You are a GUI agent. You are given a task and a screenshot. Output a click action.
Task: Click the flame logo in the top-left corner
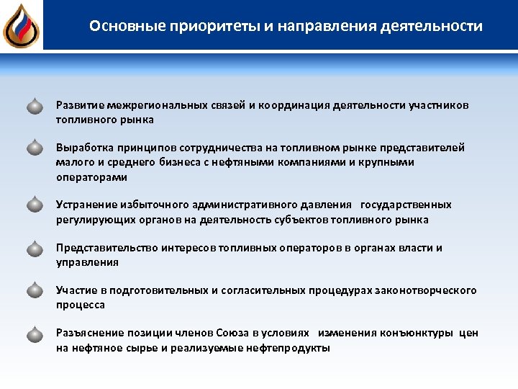21,25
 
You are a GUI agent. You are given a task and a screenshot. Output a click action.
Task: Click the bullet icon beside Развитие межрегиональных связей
35,107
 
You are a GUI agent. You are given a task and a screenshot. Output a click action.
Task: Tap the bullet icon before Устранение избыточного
35,205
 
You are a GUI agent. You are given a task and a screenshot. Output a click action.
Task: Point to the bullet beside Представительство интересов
35,248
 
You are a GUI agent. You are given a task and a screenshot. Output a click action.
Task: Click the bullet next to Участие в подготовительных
35,290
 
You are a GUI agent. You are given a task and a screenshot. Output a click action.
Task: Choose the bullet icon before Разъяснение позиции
35,334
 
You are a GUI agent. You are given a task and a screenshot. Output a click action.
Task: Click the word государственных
406,205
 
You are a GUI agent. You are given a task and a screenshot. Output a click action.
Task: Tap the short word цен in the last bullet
468,334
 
